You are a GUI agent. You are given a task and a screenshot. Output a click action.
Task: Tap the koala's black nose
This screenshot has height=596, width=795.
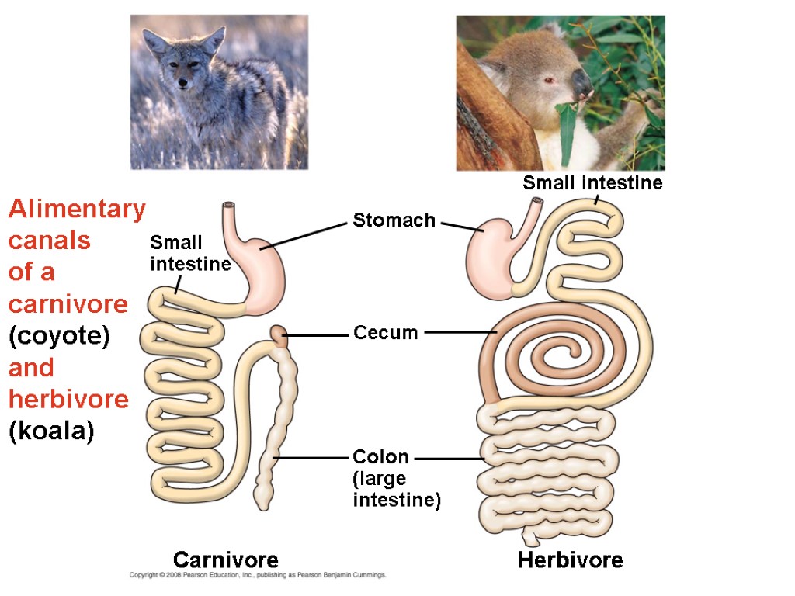[x=581, y=82]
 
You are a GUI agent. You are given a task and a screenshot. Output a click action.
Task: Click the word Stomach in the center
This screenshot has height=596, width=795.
[x=394, y=220]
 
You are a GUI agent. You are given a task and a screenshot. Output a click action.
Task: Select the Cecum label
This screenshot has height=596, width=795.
[x=385, y=334]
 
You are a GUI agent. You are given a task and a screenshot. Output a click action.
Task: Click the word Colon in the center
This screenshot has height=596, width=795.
[x=380, y=457]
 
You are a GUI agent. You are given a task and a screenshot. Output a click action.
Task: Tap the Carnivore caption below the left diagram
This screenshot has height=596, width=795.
[x=225, y=560]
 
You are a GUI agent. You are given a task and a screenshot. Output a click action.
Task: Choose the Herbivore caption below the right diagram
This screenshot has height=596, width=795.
[x=570, y=560]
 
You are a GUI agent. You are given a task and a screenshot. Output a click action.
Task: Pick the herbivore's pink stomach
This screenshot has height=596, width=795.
[x=489, y=260]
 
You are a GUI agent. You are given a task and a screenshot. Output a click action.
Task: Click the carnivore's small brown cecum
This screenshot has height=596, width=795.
[x=279, y=336]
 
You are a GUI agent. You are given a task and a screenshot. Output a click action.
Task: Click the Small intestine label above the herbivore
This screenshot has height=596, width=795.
[x=592, y=183]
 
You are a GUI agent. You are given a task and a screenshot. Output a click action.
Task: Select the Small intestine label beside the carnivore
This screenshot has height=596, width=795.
[x=190, y=254]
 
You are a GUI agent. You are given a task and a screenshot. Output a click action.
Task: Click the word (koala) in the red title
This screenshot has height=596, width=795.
[x=51, y=431]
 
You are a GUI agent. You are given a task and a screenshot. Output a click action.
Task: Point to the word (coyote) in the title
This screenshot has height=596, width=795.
[x=59, y=337]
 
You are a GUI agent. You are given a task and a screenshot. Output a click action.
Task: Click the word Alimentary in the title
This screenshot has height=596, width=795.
[x=77, y=210]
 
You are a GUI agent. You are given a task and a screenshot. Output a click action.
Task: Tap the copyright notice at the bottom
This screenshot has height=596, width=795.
[x=257, y=576]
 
